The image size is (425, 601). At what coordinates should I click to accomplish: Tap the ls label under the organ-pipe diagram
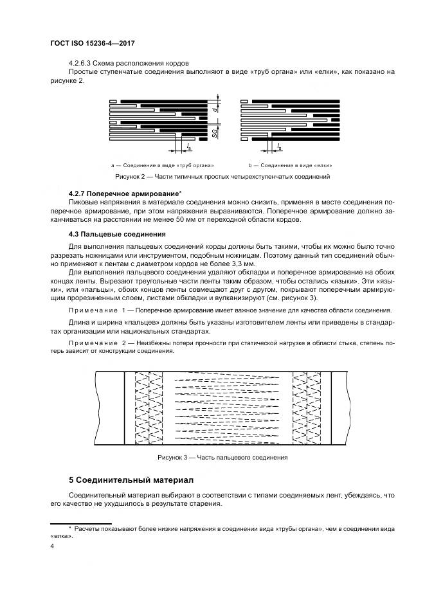coord(188,148)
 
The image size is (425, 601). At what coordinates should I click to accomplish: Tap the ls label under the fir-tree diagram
coord(279,148)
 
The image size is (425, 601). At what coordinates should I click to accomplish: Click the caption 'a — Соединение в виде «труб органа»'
coord(162,165)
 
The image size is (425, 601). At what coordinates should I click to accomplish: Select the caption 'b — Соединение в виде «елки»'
coord(281,165)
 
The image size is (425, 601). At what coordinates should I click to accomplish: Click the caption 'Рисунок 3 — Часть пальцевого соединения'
coord(222,458)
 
